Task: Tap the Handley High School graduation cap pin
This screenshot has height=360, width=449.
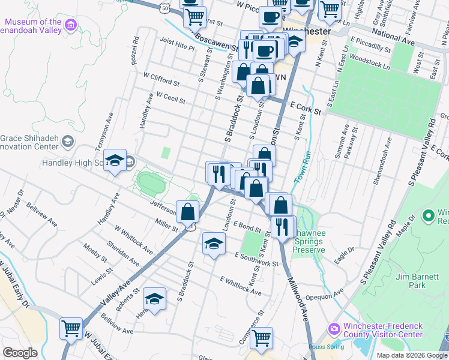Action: click(x=115, y=161)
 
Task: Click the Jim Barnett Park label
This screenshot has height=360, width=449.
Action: click(x=418, y=280)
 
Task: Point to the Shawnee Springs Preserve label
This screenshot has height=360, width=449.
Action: click(x=309, y=245)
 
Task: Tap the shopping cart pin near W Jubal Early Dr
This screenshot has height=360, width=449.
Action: click(x=71, y=329)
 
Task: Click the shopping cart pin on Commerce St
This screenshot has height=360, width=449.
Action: click(x=261, y=338)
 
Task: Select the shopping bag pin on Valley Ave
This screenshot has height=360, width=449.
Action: click(x=188, y=212)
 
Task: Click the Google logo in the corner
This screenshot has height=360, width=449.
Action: click(x=20, y=352)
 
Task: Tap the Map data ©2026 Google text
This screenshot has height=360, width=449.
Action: click(x=411, y=355)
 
